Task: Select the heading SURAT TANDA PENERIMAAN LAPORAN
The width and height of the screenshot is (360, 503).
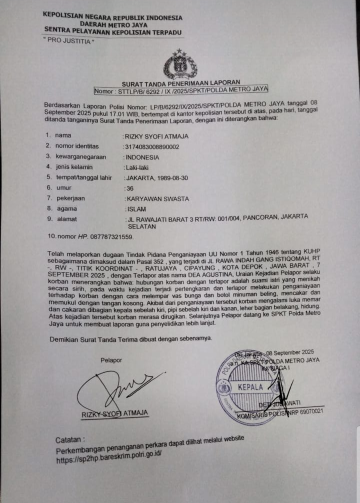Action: pyautogui.click(x=181, y=82)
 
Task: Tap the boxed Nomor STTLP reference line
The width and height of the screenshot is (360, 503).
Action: pyautogui.click(x=181, y=90)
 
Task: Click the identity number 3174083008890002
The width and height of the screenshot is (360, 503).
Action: pyautogui.click(x=151, y=146)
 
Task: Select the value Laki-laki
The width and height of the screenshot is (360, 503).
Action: pyautogui.click(x=136, y=167)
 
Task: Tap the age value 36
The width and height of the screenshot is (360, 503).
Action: pyautogui.click(x=128, y=188)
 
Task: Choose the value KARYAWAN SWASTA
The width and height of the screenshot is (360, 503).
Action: pyautogui.click(x=156, y=198)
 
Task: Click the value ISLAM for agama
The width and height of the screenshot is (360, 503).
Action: pyautogui.click(x=135, y=208)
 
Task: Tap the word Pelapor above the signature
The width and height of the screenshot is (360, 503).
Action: pyautogui.click(x=111, y=360)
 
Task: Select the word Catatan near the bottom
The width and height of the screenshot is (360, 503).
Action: pyautogui.click(x=69, y=440)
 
